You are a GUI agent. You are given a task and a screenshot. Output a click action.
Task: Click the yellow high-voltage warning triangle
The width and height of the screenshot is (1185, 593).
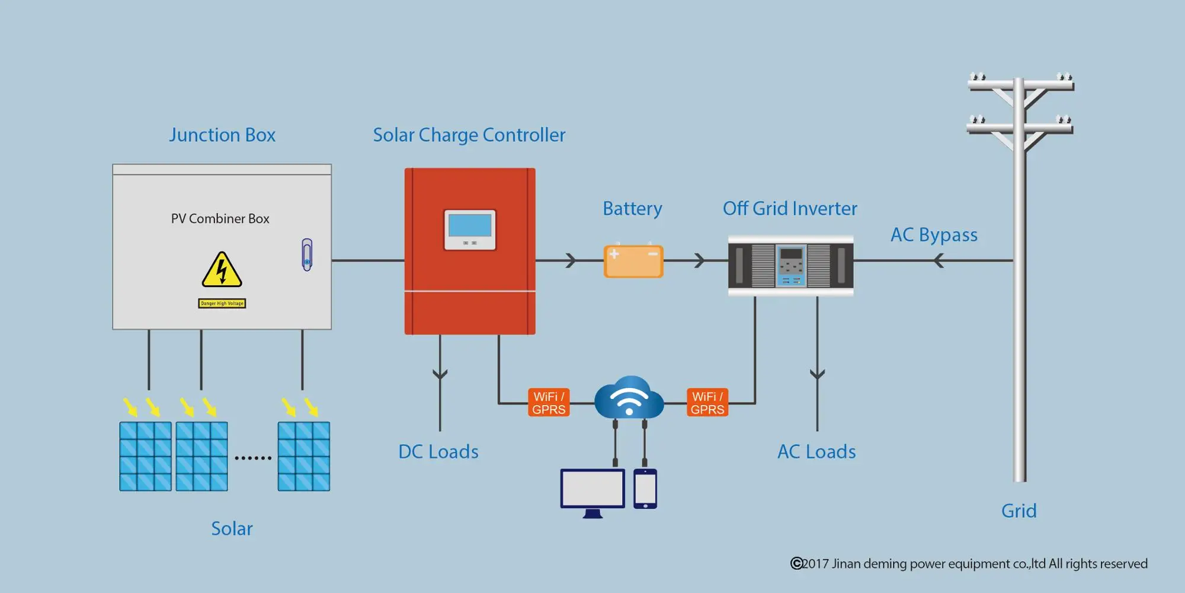[x=222, y=270]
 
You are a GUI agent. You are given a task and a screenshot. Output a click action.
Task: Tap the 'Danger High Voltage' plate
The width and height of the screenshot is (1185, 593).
[x=222, y=304]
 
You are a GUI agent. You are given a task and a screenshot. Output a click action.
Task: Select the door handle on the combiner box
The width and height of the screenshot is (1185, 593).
[x=307, y=255]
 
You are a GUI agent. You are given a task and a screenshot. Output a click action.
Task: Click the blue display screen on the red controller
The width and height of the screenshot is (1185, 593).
[x=470, y=225]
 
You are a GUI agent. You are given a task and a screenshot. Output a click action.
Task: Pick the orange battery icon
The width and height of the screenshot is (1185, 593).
[x=633, y=261]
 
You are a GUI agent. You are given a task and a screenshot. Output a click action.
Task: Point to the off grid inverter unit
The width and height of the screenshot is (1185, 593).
[x=791, y=266]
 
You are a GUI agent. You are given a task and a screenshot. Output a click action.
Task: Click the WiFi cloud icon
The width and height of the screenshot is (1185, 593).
[x=629, y=397]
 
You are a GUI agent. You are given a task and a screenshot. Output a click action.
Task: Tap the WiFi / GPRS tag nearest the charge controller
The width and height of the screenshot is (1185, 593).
[x=549, y=403]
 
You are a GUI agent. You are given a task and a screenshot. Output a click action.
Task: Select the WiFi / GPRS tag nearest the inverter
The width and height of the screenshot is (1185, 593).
[x=707, y=403]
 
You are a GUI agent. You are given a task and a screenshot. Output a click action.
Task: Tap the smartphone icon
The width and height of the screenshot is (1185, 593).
[x=645, y=489]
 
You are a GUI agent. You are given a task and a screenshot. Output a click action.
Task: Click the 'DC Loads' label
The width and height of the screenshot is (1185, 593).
[x=438, y=452]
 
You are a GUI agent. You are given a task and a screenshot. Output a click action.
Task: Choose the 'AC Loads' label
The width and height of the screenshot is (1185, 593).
[x=816, y=452]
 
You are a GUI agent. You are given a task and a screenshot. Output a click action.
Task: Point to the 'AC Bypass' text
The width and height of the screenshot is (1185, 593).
[x=934, y=235]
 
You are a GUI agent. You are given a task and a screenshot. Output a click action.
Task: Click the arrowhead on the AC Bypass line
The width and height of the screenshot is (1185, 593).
[x=939, y=260]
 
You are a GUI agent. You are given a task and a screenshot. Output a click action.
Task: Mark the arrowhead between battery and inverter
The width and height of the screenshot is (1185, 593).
[x=700, y=260]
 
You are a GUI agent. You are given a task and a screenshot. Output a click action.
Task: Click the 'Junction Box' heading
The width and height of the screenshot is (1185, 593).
[x=222, y=135]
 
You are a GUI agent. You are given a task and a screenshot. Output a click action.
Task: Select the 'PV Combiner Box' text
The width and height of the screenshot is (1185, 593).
[x=220, y=219]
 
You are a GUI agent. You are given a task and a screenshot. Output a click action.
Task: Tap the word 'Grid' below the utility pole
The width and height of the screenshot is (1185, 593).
[x=1019, y=511]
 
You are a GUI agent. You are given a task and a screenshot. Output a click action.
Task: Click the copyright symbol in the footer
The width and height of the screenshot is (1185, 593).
[x=797, y=563]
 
